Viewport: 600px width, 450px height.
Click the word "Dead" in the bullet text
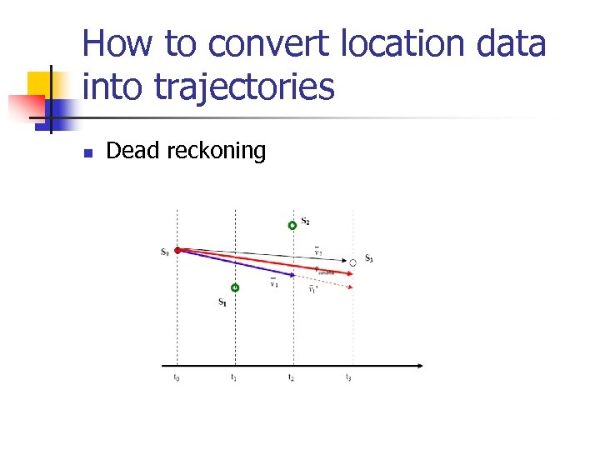pyautogui.click(x=133, y=151)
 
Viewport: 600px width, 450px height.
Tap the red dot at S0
pyautogui.click(x=178, y=249)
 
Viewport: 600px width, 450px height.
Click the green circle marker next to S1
pyautogui.click(x=235, y=287)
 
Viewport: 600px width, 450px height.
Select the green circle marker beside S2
pyautogui.click(x=292, y=225)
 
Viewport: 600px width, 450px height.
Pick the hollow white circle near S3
pyautogui.click(x=352, y=262)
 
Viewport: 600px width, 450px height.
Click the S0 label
pyautogui.click(x=165, y=251)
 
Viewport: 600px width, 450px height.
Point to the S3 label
pyautogui.click(x=368, y=259)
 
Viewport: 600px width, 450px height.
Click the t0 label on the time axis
pyautogui.click(x=176, y=377)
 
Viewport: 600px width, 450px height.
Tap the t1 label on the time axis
pyautogui.click(x=234, y=377)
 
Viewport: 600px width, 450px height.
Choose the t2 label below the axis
pyautogui.click(x=292, y=377)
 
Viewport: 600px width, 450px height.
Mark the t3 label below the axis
pyautogui.click(x=349, y=377)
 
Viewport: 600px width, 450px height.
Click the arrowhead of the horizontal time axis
pyautogui.click(x=418, y=365)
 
